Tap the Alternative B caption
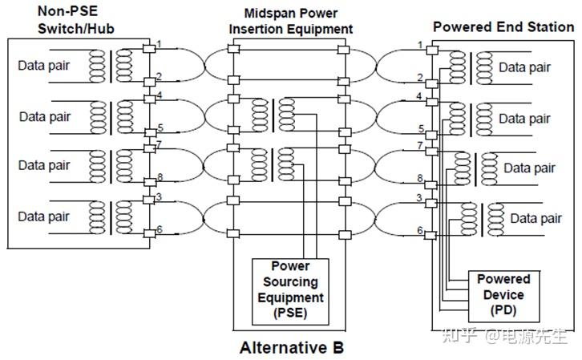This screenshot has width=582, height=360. pos(292,348)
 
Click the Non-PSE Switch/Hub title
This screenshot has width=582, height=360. pos(76,20)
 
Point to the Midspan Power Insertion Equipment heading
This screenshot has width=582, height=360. pos(291,21)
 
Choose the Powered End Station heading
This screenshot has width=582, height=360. pos(503,26)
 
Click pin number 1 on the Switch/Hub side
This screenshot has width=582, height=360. pos(159,44)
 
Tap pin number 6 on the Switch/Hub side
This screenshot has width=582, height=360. pos(160,229)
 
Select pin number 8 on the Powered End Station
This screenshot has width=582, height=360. pos(420,178)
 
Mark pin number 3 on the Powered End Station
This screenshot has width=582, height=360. pos(419,198)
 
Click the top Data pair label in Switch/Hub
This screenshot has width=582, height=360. pos(44,65)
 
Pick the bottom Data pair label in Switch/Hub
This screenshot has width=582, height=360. pos(44,216)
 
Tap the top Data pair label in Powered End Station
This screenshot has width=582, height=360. pos(524,67)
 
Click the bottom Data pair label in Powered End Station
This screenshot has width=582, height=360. pos(536,218)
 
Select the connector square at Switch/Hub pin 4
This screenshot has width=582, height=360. pos(149,99)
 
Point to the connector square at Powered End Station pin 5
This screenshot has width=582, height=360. pos(431,135)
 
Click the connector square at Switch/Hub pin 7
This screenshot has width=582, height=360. pos(149,148)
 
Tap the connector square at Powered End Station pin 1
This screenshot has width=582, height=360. pos(432,50)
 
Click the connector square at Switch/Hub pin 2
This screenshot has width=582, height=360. pos(149,82)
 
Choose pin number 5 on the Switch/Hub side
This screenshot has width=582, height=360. pos(160,127)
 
